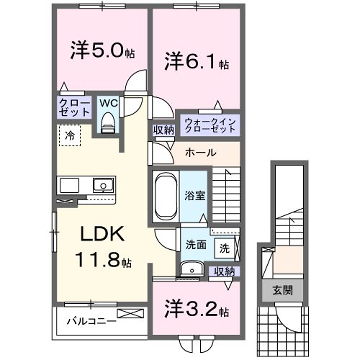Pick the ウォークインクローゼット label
(x=211, y=126)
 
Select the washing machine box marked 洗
(x=224, y=246)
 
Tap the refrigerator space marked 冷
(x=70, y=133)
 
